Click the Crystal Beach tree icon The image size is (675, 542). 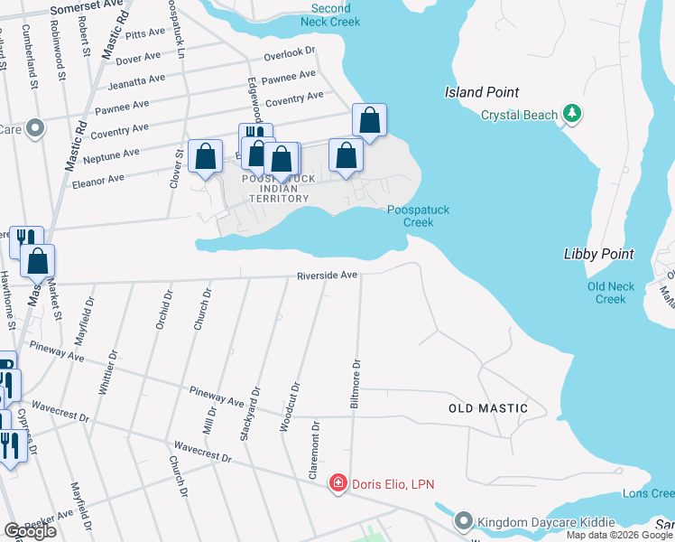coord(570,114)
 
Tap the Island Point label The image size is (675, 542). coord(482,92)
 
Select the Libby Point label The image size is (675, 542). coord(597,254)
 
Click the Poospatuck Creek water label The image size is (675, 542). coord(418,216)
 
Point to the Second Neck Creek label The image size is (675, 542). coord(329,14)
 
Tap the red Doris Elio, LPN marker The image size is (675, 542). coord(338,484)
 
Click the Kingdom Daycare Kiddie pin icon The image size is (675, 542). coord(463,521)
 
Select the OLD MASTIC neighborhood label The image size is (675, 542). coord(488,408)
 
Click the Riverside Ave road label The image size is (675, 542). coord(328,275)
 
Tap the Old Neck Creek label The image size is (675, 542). coord(611,293)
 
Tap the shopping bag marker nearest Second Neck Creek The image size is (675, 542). coord(369,120)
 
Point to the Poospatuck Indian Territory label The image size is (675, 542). coord(280,189)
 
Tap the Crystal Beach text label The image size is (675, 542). coord(519,115)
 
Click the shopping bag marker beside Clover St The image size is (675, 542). coord(206,156)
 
